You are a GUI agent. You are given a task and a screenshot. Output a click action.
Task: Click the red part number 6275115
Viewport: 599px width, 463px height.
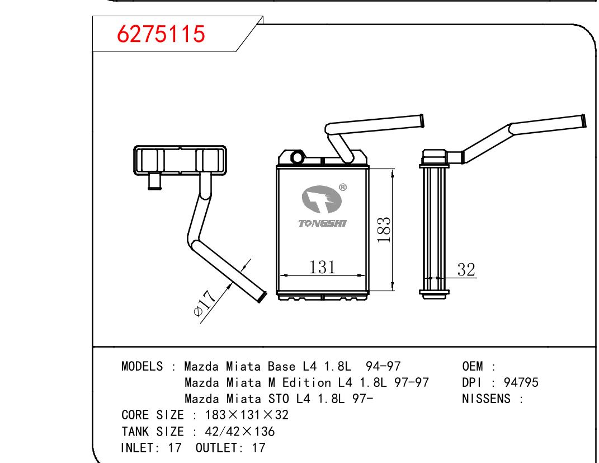coord(161,34)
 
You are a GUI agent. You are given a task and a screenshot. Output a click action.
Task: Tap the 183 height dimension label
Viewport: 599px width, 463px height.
coord(384,230)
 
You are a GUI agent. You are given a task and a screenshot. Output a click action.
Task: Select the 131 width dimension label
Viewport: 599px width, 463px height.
coord(322,267)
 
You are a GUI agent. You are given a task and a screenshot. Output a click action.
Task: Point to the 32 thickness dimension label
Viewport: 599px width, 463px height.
coord(466,269)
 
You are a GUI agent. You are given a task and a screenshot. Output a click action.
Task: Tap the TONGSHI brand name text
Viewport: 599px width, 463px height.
coord(322,223)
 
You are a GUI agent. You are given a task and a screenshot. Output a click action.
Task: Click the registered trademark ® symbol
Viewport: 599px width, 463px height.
coord(343,188)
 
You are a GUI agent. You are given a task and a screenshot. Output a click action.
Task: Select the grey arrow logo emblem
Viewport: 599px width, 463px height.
coord(321,199)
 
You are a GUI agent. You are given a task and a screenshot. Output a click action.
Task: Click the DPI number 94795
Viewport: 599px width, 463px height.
coord(521,382)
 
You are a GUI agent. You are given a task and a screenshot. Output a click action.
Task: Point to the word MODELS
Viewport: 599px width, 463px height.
coord(142,366)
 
